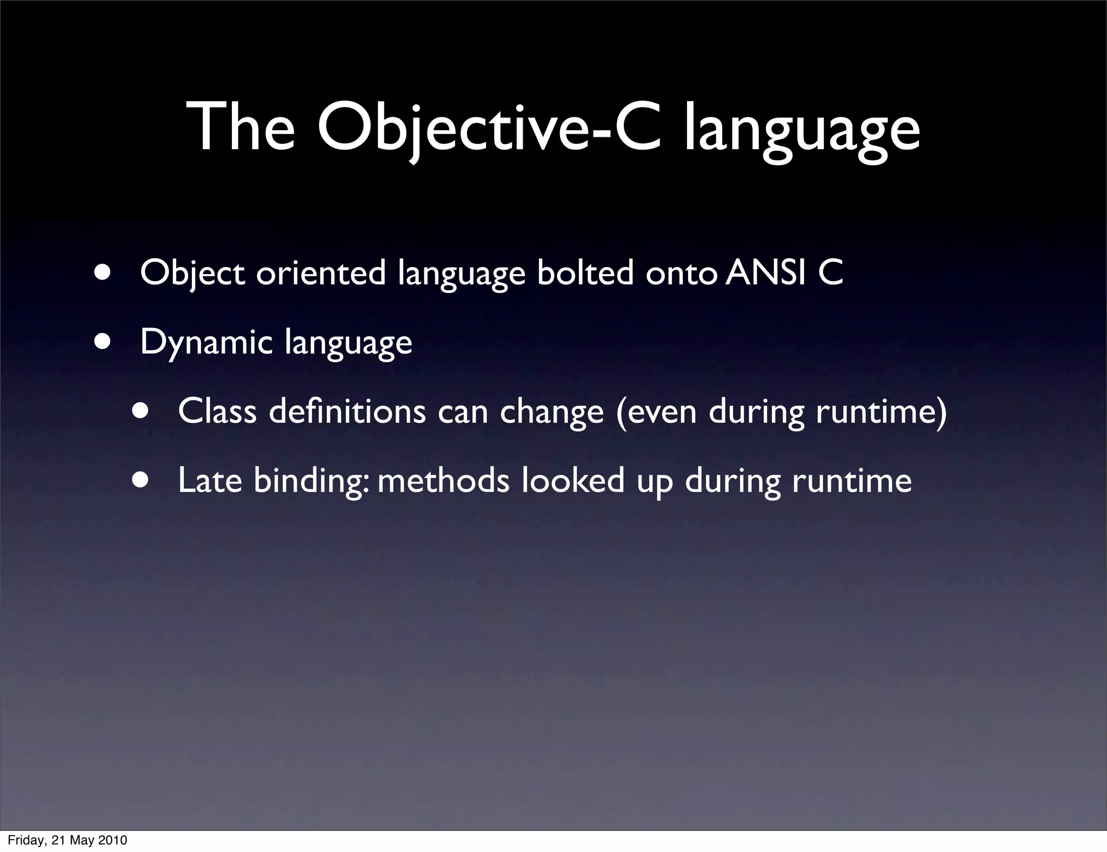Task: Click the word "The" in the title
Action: (241, 128)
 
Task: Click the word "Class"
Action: (217, 411)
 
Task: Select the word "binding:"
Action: (311, 481)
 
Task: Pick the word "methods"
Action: (443, 480)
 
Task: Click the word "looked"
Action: (573, 480)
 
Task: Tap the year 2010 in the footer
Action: (112, 840)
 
